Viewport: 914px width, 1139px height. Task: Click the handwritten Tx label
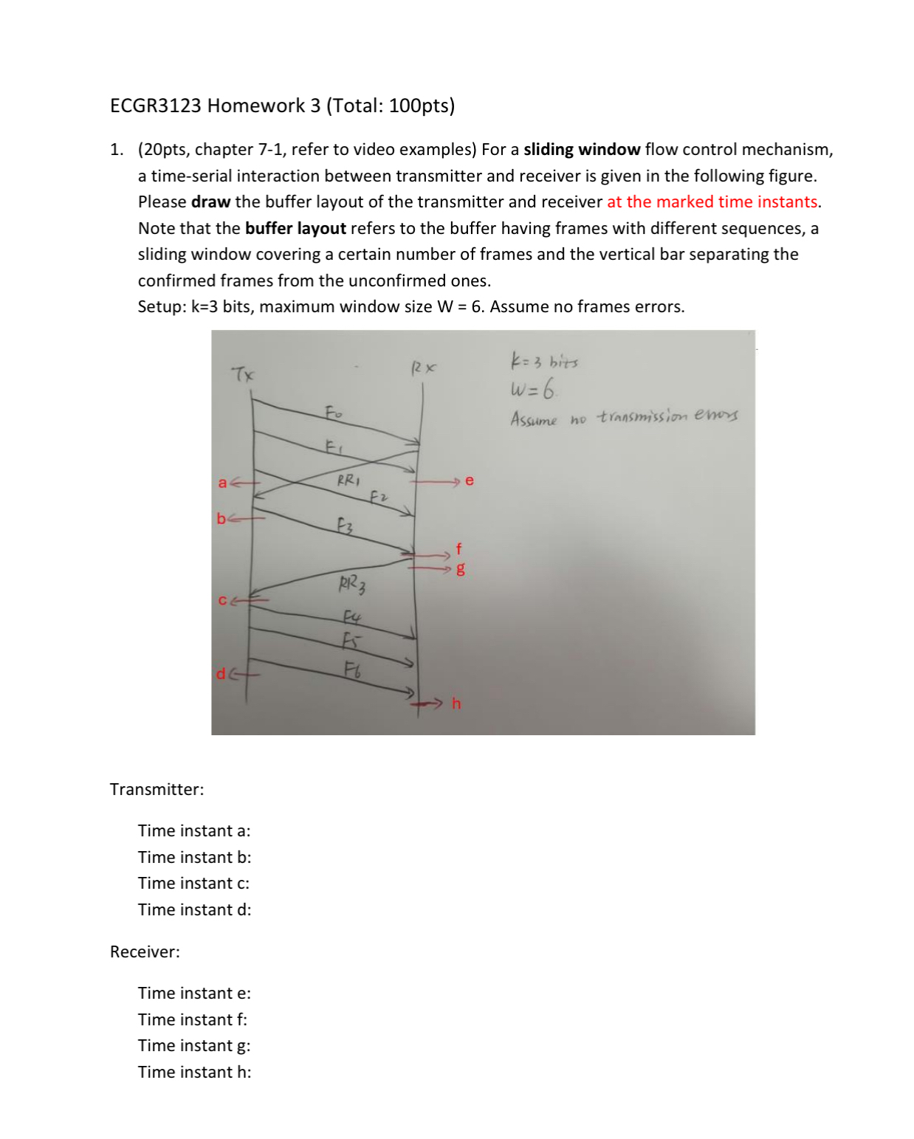243,374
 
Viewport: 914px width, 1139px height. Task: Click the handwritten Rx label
424,367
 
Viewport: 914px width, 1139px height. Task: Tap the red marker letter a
222,483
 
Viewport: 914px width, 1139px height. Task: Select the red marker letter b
221,518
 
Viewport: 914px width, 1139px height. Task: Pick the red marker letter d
221,673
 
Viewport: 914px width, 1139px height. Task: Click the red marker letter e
470,481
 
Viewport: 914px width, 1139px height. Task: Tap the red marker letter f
458,548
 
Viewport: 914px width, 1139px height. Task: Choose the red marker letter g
461,568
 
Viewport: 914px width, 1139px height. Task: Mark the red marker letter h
456,703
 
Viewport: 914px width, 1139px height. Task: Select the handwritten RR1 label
348,480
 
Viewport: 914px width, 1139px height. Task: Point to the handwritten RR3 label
352,585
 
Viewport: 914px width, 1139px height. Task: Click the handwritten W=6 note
533,388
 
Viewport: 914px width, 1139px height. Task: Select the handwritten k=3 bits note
544,362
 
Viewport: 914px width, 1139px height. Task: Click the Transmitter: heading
157,789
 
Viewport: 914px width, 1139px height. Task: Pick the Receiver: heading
145,952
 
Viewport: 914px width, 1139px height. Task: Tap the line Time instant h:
194,1072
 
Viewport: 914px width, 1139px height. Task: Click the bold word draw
210,202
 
